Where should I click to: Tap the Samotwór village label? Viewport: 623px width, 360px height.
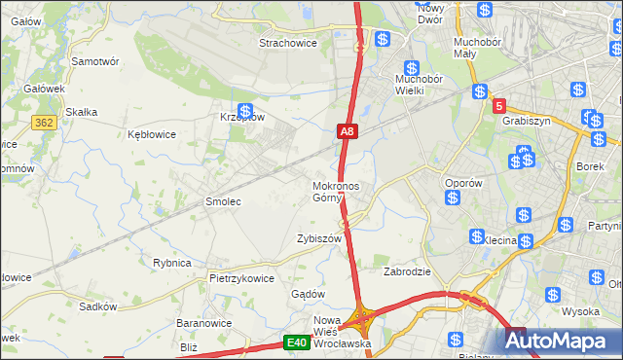[95, 60]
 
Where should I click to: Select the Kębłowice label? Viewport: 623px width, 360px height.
[150, 134]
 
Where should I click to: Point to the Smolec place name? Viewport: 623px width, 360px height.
[222, 201]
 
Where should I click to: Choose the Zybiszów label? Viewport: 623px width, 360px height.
[318, 238]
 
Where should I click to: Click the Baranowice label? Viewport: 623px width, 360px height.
[202, 323]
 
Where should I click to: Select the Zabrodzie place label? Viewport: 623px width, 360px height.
[407, 272]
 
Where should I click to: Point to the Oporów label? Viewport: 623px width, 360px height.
[463, 183]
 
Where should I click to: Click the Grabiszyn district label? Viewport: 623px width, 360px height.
[527, 122]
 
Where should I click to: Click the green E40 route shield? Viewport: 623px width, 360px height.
[297, 342]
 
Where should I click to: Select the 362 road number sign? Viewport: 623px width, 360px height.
[43, 123]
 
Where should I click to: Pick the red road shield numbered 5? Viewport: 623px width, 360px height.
[498, 105]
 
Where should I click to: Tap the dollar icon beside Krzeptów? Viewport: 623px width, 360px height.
[245, 112]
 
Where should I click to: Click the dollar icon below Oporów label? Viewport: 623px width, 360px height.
[453, 198]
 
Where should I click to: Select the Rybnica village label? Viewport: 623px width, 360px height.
[171, 263]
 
